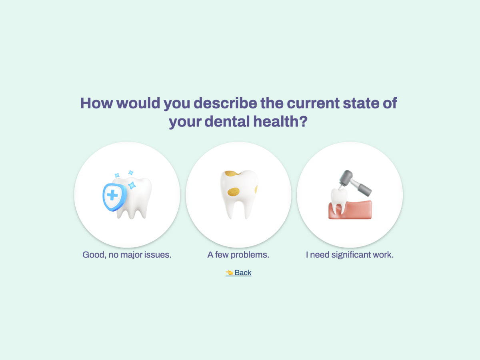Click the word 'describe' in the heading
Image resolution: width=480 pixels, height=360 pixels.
coord(225,103)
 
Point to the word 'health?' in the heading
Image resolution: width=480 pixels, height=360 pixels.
coord(280,121)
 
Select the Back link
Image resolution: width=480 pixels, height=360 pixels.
coord(243,273)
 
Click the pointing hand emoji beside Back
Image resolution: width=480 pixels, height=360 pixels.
coord(229,273)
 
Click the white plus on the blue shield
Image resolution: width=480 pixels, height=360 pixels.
coord(112,196)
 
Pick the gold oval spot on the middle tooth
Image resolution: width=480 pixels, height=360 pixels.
coord(234,192)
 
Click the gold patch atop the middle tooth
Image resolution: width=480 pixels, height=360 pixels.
coord(231,174)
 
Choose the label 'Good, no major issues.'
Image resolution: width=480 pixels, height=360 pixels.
coord(127,255)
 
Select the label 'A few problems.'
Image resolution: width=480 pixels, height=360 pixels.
coord(238,255)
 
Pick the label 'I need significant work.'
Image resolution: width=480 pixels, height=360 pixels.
coord(350,255)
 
